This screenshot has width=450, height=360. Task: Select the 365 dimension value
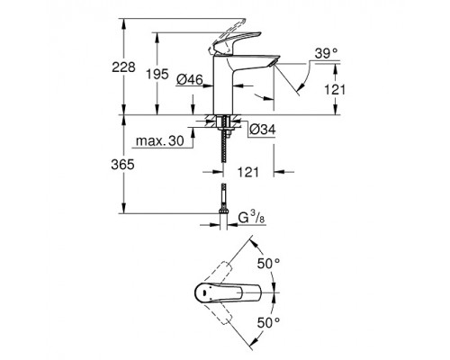tap(132, 165)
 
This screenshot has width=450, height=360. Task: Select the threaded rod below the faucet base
tap(220, 157)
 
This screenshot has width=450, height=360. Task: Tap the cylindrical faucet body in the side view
tap(220, 90)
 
